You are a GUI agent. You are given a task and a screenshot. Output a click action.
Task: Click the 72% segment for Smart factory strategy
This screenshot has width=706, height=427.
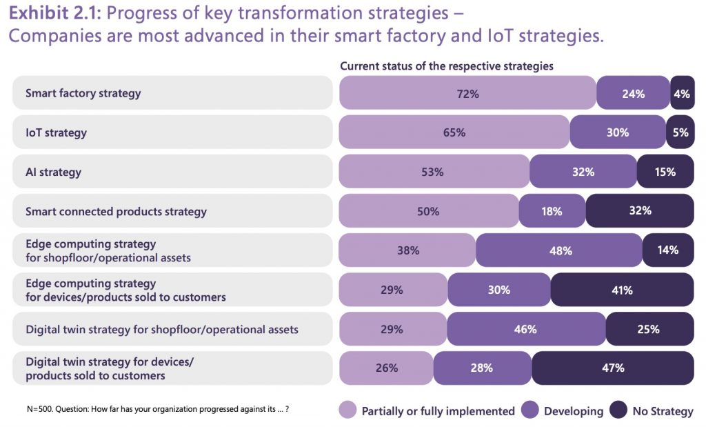tap(467, 93)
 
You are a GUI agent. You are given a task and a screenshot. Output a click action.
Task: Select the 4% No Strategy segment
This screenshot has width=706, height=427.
tap(682, 93)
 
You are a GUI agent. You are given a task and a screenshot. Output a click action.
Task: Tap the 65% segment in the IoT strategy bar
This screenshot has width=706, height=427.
tap(454, 132)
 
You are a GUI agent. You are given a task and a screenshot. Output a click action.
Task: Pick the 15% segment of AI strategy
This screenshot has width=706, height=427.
tap(665, 172)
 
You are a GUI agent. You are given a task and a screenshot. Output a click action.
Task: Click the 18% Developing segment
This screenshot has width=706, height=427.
tap(552, 211)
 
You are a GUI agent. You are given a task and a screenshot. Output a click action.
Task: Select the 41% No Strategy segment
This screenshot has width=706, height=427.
tap(622, 290)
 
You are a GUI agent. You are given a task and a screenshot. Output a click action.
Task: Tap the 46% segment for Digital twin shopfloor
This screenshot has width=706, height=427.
tap(525, 329)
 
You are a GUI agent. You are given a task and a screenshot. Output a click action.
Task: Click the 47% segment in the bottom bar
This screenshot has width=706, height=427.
tap(612, 368)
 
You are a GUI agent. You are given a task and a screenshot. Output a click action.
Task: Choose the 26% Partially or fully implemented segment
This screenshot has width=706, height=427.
tap(387, 368)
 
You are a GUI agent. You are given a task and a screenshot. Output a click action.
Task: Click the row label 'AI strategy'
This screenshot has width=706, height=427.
tap(53, 172)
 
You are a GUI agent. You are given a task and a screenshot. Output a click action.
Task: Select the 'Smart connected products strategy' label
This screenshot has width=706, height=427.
tap(116, 211)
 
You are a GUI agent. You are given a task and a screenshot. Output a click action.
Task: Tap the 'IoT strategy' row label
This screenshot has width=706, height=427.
tap(56, 132)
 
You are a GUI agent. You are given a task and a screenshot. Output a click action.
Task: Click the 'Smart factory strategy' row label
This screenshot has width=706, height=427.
tap(83, 93)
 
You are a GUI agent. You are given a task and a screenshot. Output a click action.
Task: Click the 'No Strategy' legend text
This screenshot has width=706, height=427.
tap(663, 411)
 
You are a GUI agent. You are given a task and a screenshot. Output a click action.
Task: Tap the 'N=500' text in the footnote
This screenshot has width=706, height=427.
tap(41, 409)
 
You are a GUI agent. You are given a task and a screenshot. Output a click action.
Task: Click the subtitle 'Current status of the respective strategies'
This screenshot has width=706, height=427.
tap(447, 66)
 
